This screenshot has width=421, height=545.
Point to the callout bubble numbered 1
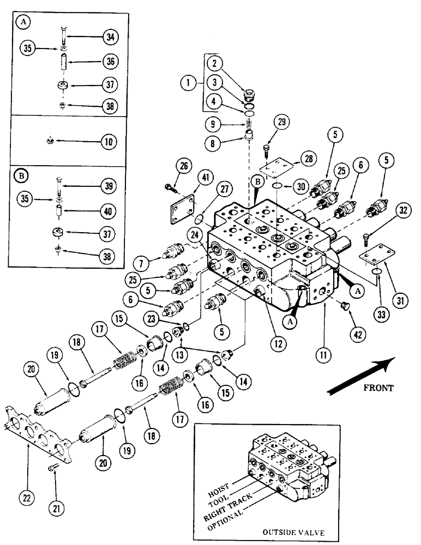pos(189,83)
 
